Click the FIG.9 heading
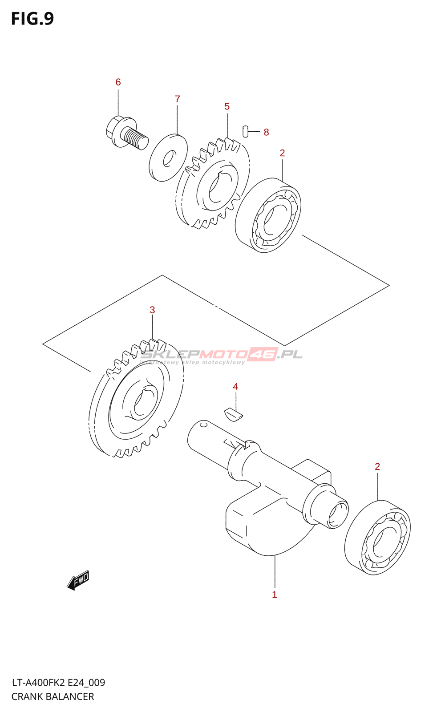click(32, 19)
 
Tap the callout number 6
click(118, 82)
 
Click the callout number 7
click(177, 99)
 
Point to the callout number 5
click(227, 106)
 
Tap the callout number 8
click(266, 132)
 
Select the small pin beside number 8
click(245, 132)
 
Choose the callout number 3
click(152, 310)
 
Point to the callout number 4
click(235, 387)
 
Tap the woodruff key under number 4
click(233, 414)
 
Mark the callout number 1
click(275, 595)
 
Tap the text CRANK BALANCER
click(53, 696)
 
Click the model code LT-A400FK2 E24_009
click(58, 683)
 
